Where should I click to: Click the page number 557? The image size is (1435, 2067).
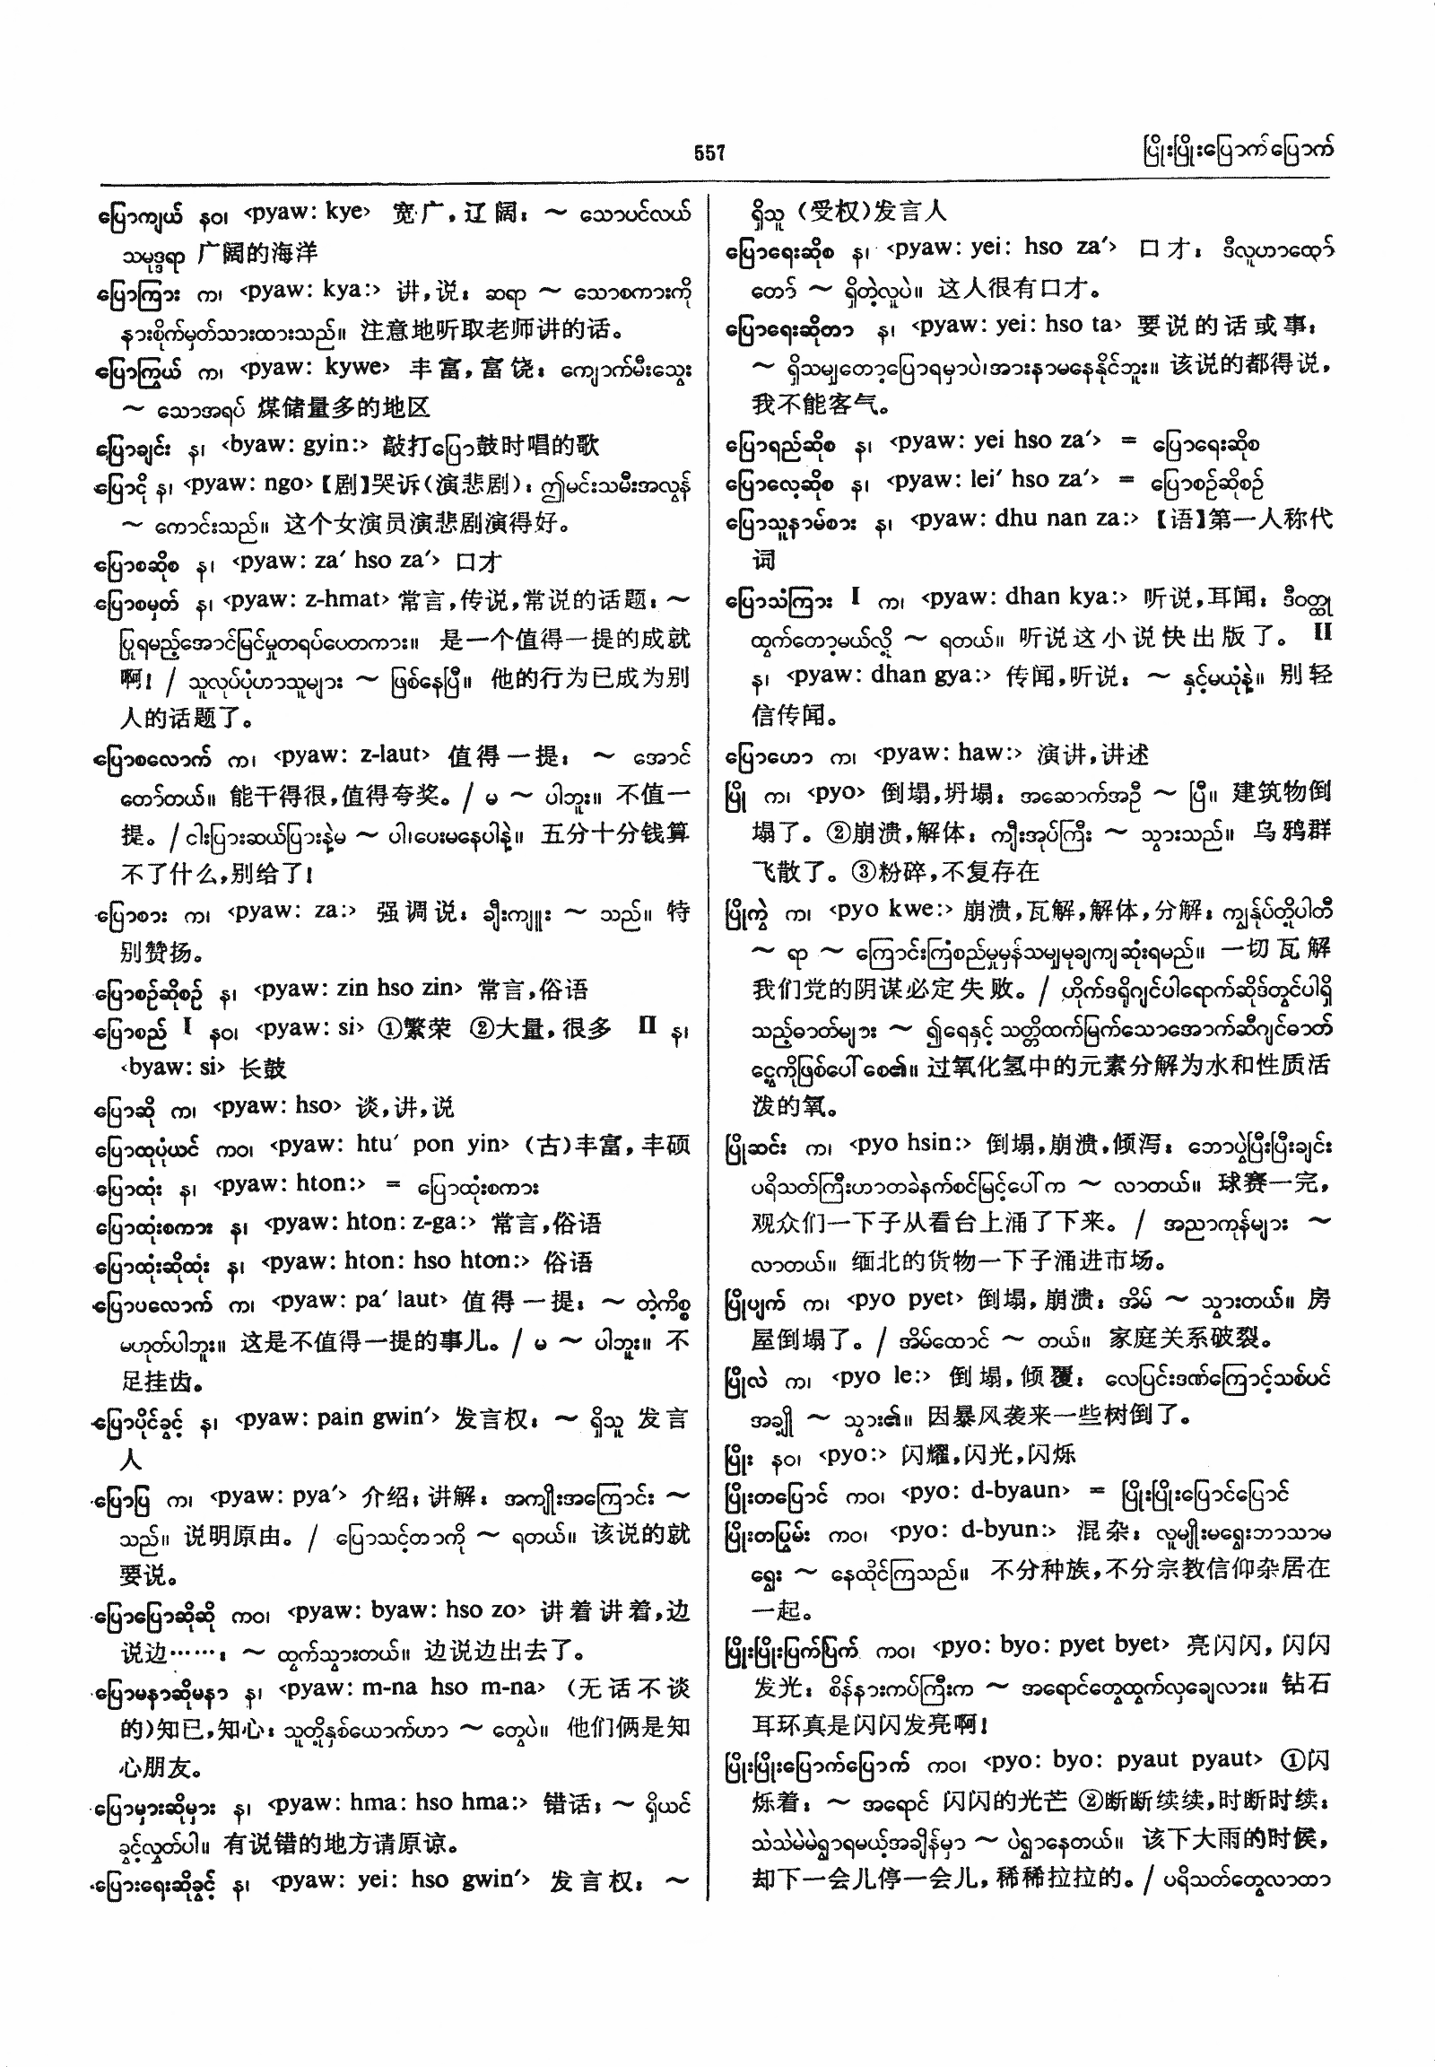pyautogui.click(x=709, y=153)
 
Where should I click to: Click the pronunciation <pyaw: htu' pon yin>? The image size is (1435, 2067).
pyautogui.click(x=364, y=1145)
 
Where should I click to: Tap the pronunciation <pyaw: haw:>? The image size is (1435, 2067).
pyautogui.click(x=947, y=754)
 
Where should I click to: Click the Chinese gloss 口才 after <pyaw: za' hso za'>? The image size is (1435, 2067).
pyautogui.click(x=477, y=562)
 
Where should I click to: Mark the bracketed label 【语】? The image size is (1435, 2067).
pyautogui.click(x=1178, y=520)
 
